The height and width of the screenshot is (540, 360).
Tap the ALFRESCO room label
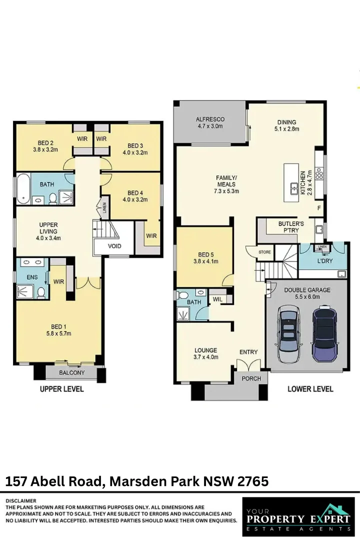coord(210,119)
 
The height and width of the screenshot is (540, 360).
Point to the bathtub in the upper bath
coord(23,188)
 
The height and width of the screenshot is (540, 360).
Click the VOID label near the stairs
coord(114,246)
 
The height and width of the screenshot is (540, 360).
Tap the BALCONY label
coord(72,373)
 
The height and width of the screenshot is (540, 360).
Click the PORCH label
coord(251,378)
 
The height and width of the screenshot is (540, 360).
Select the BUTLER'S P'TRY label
coord(291,227)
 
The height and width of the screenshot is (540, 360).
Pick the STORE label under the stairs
coord(264,252)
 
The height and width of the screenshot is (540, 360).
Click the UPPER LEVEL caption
coord(62,389)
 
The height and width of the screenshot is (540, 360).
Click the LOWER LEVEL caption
coord(310,389)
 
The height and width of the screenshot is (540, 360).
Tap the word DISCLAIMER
coord(21,500)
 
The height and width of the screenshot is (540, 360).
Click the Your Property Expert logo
coord(298,516)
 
